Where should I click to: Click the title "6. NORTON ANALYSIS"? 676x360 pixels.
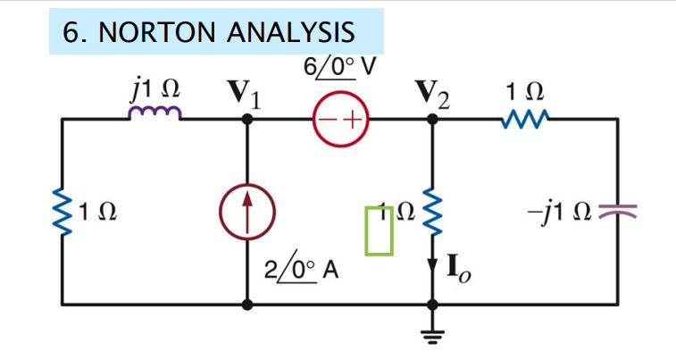coord(209,32)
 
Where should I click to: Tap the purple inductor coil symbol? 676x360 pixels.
coord(158,112)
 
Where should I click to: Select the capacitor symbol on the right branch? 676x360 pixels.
coord(617,213)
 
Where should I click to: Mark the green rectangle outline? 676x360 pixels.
coord(380,230)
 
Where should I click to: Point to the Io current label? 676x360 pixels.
coord(457,269)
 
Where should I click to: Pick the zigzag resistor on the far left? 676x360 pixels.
coord(63,213)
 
